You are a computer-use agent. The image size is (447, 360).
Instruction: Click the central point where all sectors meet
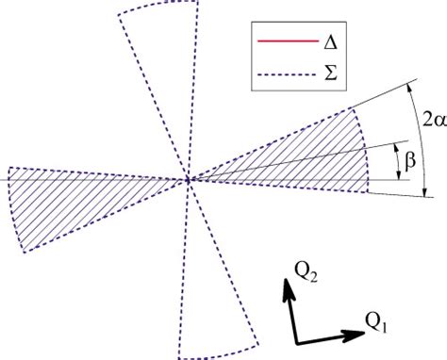[x=190, y=179]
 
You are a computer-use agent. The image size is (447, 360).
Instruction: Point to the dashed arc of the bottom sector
[x=221, y=353]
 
